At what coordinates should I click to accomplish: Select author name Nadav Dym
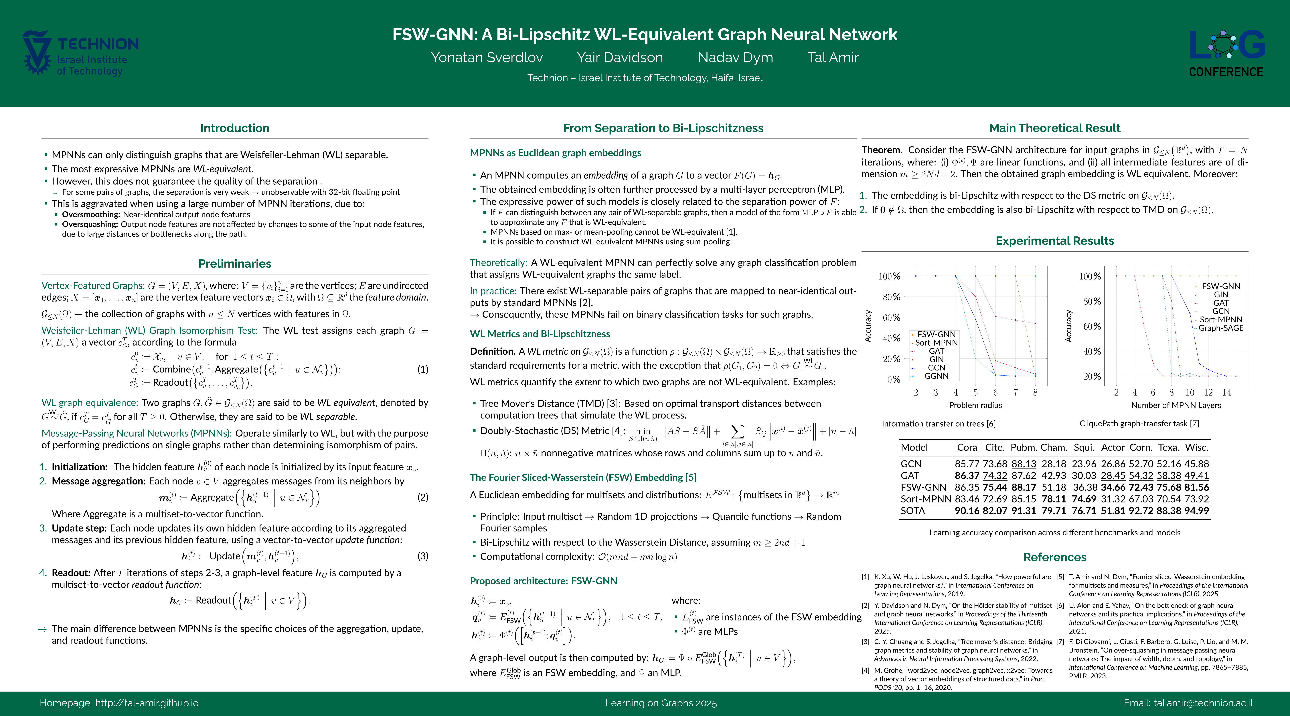[735, 57]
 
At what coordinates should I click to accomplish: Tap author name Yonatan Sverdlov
[487, 57]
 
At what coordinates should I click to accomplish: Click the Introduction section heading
[234, 128]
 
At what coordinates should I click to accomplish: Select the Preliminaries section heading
[234, 264]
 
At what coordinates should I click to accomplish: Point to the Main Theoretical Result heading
[1055, 128]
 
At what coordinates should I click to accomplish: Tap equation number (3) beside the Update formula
[423, 556]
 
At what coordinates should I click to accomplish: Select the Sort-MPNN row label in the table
[925, 499]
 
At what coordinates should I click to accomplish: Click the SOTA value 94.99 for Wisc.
[1196, 511]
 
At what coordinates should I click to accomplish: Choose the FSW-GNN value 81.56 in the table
[1196, 487]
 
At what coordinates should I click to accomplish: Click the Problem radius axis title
[975, 405]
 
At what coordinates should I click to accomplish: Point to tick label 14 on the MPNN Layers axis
[1226, 393]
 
